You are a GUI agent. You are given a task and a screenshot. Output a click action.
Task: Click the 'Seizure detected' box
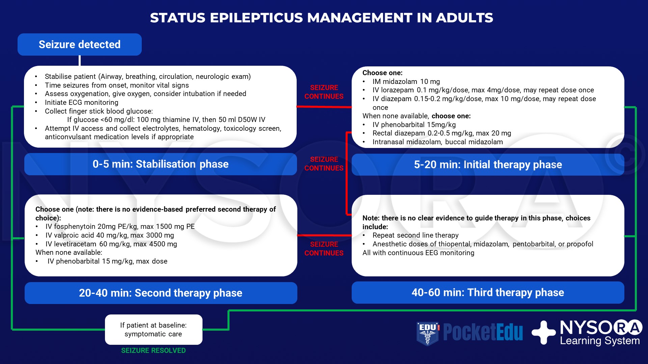click(80, 44)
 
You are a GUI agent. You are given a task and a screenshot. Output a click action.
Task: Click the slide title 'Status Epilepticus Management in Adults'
click(321, 18)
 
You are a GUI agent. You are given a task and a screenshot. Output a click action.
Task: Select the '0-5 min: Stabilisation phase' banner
click(160, 164)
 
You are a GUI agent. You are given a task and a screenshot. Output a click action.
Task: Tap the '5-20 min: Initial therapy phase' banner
click(488, 165)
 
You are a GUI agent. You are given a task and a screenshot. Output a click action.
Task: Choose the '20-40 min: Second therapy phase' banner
click(161, 293)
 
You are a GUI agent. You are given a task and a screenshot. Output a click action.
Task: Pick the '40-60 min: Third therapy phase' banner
click(488, 293)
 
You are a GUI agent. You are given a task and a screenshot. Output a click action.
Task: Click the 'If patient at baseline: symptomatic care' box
click(154, 330)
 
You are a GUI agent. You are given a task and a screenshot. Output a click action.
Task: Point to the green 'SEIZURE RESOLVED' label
click(153, 351)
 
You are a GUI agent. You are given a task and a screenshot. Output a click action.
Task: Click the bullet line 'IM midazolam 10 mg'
click(406, 82)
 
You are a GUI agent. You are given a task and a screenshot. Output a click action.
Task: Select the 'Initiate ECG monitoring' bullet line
click(81, 102)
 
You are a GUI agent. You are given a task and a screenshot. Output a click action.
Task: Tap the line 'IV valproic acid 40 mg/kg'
click(110, 235)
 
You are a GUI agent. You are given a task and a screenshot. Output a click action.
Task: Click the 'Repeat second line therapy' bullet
click(415, 235)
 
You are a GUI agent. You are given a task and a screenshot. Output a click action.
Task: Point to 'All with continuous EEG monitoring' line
click(418, 253)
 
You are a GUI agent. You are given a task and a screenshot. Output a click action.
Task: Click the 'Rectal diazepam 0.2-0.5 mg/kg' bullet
click(441, 133)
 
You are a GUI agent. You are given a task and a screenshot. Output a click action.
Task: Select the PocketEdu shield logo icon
click(428, 333)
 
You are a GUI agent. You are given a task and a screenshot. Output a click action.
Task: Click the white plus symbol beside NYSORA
click(543, 333)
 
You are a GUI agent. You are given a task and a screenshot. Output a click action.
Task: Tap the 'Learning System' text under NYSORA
click(600, 341)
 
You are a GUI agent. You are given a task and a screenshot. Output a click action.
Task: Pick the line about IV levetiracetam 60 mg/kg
click(111, 244)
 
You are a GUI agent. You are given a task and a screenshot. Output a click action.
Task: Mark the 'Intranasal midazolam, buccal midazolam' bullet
click(437, 142)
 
